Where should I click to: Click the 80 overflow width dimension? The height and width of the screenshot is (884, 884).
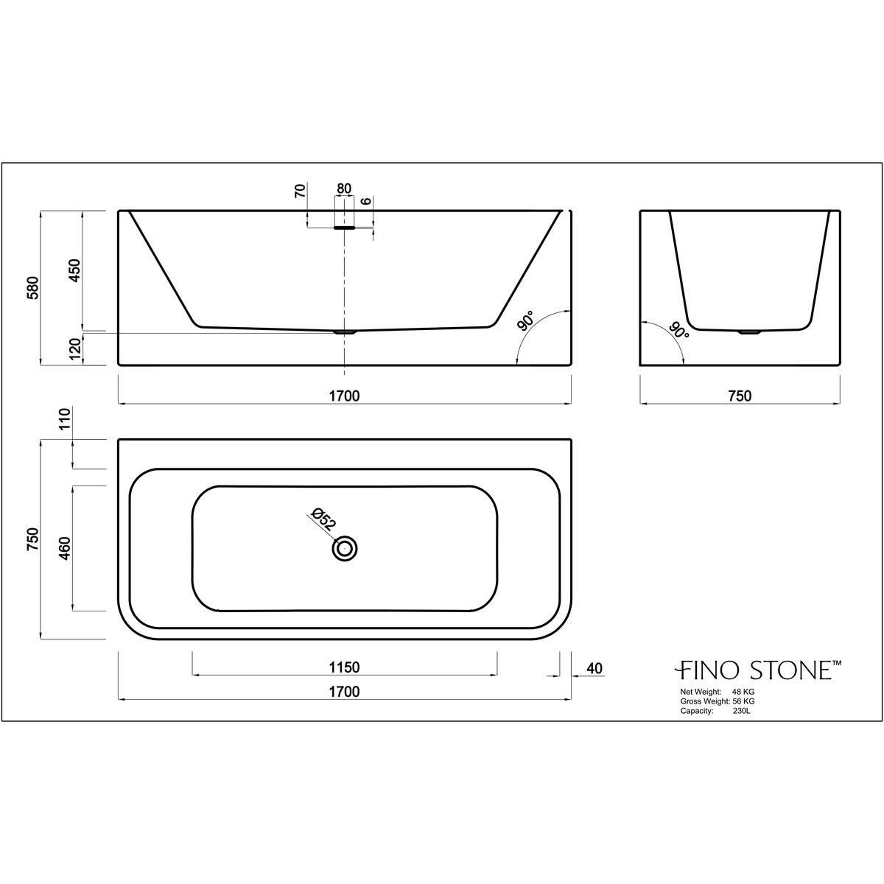point(344,189)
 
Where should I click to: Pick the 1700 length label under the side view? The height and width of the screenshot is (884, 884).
point(344,396)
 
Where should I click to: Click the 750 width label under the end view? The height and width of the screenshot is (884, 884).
point(739,396)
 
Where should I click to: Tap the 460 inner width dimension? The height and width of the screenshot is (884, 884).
point(64,549)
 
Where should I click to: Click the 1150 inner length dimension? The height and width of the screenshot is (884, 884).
point(344,668)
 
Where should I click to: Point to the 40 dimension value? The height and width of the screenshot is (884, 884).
point(595,668)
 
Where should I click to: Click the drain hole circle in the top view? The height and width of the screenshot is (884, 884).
point(344,549)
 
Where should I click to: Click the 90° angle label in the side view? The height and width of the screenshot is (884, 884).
point(526,322)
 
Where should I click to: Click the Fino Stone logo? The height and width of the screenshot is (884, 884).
point(759,670)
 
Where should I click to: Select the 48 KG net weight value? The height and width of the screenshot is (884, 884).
point(743,692)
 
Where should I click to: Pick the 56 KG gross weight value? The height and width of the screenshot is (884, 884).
point(743,702)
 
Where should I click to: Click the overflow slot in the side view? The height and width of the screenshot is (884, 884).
point(344,228)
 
